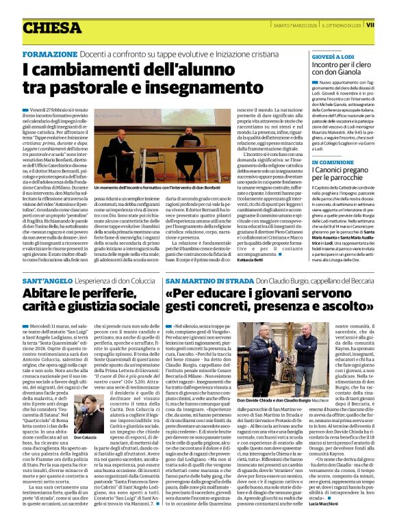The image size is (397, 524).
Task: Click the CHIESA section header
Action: click(51, 28)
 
